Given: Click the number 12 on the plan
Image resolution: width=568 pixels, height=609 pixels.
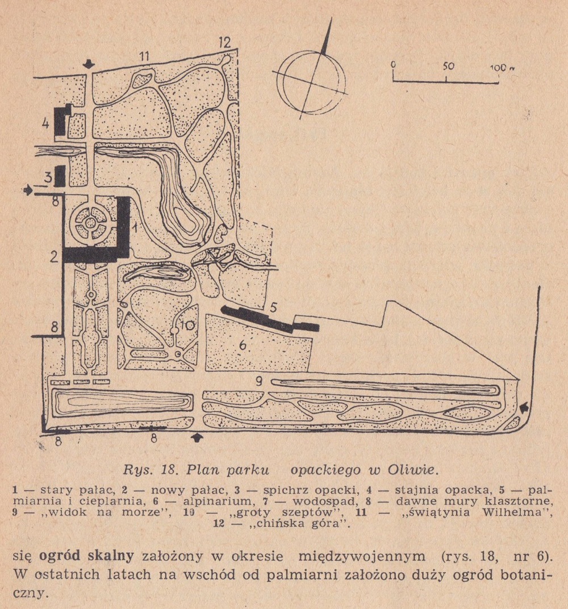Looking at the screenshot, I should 224,42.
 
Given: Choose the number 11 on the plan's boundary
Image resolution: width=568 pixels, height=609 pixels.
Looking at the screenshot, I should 142,56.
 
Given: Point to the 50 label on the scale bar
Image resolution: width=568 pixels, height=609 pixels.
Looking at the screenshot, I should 448,66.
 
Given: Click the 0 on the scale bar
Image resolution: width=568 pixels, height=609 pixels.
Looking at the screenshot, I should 393,65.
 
